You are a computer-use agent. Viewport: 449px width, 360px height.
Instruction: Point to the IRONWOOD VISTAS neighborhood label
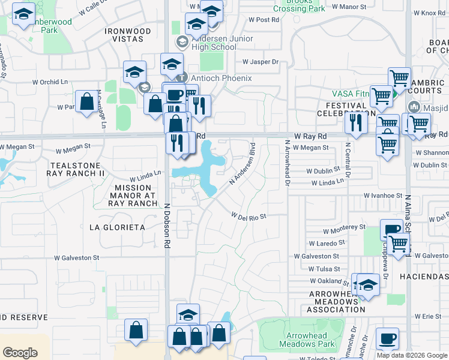[x=127, y=34]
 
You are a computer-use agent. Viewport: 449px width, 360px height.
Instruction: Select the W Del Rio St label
[x=249, y=215]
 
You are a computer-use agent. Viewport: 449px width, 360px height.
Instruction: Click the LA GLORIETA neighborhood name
[x=117, y=227]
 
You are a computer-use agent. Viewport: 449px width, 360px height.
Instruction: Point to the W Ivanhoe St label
[x=382, y=196]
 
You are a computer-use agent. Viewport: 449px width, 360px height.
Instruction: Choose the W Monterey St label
[x=344, y=229]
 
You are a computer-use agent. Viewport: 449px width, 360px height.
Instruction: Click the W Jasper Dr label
[x=261, y=62]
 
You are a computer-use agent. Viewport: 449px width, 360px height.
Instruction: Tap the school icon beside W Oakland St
[x=367, y=284]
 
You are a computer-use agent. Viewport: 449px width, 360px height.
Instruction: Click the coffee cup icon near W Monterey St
[x=391, y=230]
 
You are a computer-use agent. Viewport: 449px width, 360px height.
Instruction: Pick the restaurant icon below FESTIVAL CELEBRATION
[x=356, y=122]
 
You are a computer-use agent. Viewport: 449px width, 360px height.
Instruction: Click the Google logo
[x=20, y=352]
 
